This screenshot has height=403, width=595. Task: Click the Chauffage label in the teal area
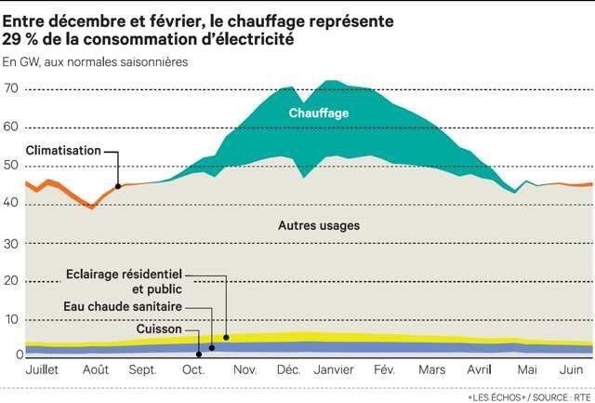pos(318,113)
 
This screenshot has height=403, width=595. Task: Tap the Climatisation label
pos(61,150)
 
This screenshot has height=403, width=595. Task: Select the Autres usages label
pos(319,226)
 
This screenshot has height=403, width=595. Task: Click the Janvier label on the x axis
pos(334,369)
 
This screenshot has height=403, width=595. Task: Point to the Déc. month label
pos(288,369)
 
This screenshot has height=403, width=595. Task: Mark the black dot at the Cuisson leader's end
pos(199,354)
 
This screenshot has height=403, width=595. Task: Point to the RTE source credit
pos(581,395)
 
